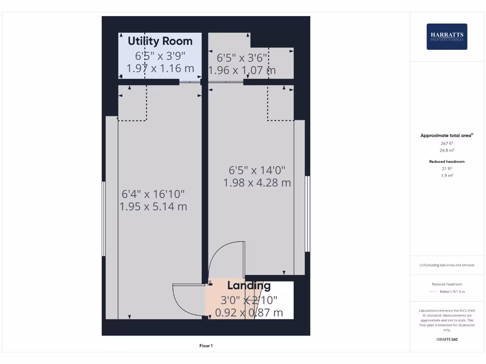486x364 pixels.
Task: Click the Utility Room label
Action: (160, 41)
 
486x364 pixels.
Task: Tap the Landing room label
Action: (249, 285)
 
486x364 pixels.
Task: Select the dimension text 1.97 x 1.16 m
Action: (160, 68)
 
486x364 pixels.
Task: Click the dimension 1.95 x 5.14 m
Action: (153, 207)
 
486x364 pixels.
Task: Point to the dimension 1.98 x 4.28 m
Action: (257, 182)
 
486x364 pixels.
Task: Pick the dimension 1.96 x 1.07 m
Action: (243, 71)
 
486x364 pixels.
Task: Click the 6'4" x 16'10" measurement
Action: (153, 194)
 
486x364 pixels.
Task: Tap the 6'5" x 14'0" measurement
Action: (257, 170)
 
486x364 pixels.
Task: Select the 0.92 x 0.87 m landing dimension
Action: (249, 313)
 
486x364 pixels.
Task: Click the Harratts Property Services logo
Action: (447, 36)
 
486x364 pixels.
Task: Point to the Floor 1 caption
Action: (206, 346)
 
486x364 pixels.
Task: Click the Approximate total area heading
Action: (447, 136)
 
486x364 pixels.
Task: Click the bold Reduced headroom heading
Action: (447, 162)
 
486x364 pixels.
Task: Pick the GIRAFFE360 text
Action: (447, 339)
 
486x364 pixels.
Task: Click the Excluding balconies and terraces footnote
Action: (447, 265)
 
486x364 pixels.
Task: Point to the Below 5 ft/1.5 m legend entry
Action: (452, 291)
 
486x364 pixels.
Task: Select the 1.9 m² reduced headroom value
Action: (447, 175)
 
